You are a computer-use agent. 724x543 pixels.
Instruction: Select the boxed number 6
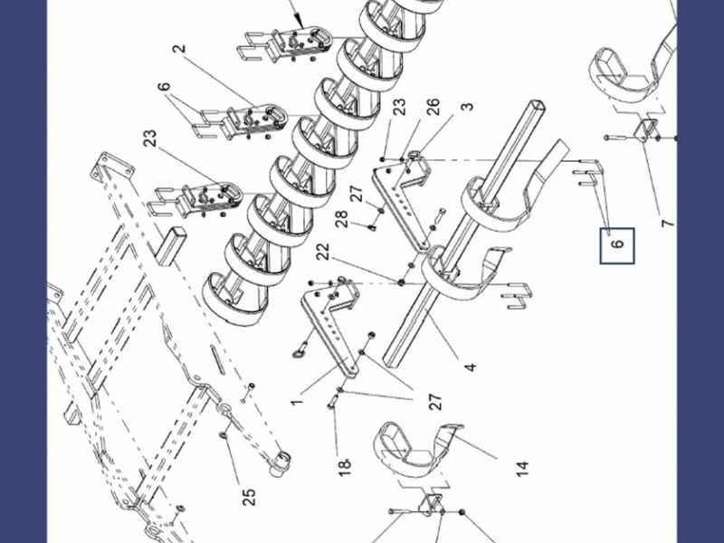click(x=617, y=245)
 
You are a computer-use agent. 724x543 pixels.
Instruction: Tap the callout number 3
click(x=467, y=106)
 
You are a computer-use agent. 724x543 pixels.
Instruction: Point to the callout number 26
click(x=433, y=107)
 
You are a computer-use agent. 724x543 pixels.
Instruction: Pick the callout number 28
click(x=341, y=220)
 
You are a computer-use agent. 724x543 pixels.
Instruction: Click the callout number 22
click(x=323, y=252)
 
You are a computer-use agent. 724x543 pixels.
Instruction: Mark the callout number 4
click(x=470, y=367)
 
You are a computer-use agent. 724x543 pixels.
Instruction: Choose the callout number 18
click(x=345, y=466)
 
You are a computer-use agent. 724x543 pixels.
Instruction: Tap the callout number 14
click(x=522, y=469)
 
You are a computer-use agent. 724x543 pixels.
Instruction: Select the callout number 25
click(x=248, y=497)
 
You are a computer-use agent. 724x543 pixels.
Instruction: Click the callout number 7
click(x=668, y=224)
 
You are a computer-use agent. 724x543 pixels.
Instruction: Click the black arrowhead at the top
click(x=300, y=22)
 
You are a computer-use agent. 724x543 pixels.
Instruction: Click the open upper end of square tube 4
click(x=538, y=106)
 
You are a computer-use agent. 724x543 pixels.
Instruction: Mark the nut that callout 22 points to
click(x=401, y=281)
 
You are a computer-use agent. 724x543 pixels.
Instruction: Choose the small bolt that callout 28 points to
click(x=372, y=228)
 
